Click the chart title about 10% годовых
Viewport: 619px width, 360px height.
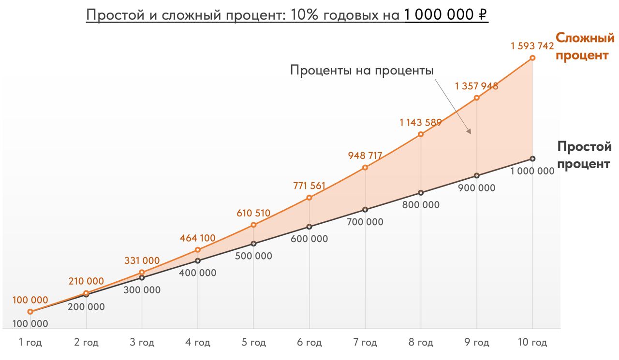coord(287,15)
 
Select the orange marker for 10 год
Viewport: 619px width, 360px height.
coord(532,58)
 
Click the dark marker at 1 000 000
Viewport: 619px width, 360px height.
coord(532,158)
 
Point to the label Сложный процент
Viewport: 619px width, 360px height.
coord(585,46)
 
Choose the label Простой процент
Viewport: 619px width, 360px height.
coord(584,155)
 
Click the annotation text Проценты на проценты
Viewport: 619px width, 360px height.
coord(362,70)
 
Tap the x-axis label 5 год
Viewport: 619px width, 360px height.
coord(253,343)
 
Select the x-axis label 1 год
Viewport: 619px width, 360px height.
coord(30,343)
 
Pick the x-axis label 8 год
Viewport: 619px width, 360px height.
coord(421,343)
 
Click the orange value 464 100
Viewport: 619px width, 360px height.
coord(197,238)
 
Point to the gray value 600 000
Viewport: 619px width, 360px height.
coord(309,239)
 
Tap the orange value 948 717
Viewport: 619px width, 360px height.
coord(365,156)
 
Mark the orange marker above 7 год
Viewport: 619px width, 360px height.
coord(365,167)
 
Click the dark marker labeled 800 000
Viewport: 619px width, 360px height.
coord(421,192)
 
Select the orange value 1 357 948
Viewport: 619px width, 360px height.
coord(476,86)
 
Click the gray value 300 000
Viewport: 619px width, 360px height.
coord(142,290)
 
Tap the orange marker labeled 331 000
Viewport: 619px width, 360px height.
coord(142,273)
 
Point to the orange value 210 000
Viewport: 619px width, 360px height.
coord(86,281)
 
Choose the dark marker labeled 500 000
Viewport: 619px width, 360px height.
coord(253,244)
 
